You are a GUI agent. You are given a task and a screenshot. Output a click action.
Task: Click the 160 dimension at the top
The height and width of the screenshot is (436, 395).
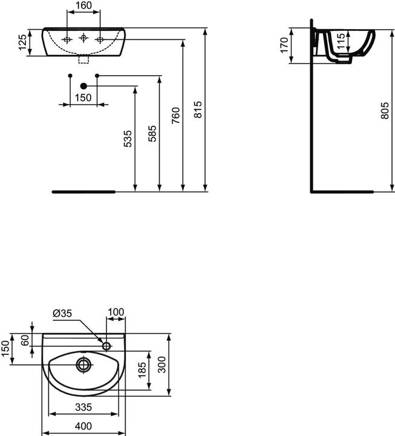coord(83,5)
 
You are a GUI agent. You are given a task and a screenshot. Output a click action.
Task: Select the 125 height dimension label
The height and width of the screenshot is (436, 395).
coord(23,42)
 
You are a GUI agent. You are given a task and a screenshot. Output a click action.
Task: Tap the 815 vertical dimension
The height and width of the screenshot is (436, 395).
coord(198,110)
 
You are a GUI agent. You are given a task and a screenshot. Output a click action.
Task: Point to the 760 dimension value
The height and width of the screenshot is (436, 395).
coord(175,116)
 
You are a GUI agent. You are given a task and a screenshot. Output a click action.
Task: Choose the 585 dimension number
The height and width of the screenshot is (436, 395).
coord(152,134)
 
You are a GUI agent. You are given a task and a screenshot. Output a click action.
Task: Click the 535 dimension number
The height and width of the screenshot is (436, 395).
coord(128,139)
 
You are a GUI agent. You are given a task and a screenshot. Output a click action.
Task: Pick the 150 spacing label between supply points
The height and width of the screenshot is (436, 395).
coord(83,97)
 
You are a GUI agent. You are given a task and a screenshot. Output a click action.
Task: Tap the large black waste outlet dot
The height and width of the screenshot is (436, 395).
coord(83,86)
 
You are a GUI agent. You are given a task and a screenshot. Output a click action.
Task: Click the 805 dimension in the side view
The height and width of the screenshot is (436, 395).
coord(385,111)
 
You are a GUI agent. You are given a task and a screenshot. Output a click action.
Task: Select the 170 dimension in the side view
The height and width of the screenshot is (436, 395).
coord(284,45)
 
